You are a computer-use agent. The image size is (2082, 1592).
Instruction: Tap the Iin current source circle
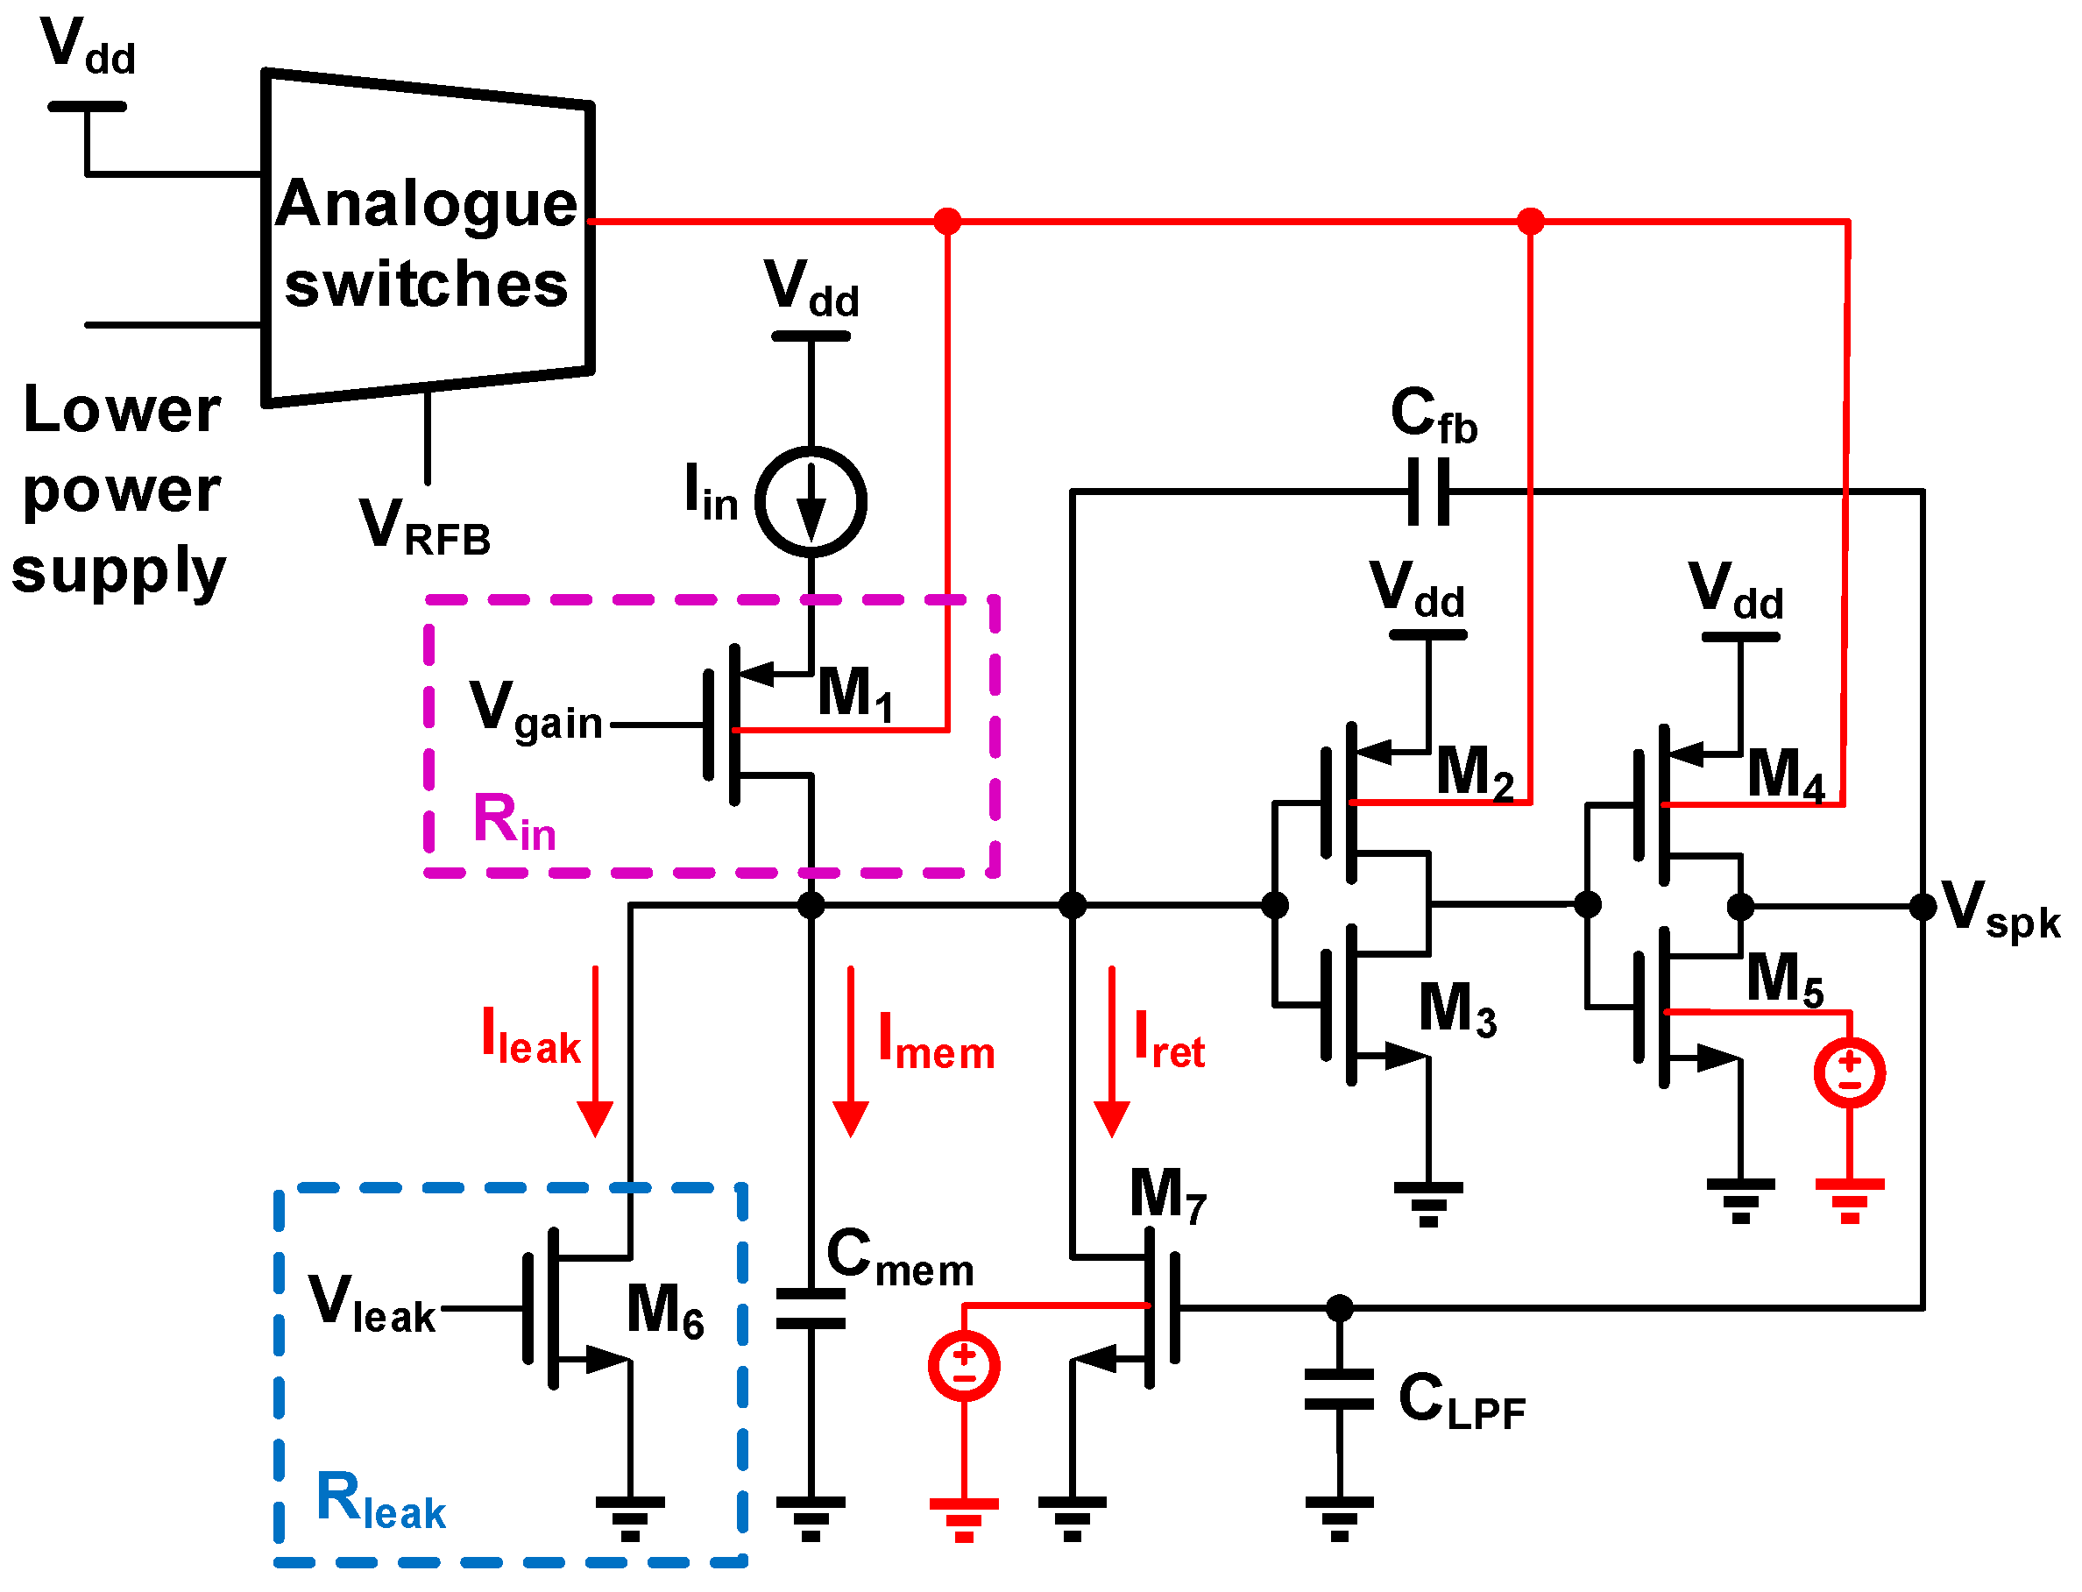click(x=811, y=502)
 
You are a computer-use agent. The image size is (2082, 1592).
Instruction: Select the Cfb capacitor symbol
click(x=1428, y=491)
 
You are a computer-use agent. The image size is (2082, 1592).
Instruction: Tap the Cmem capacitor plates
click(x=811, y=1309)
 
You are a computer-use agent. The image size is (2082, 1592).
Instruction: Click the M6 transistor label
click(x=664, y=1312)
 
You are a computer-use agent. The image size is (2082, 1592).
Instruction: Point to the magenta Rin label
click(x=513, y=822)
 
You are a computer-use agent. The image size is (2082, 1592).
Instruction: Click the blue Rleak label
click(x=380, y=1501)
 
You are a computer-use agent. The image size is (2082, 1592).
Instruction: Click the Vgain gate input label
click(x=535, y=711)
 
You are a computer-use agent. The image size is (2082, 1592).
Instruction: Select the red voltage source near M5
click(x=1849, y=1072)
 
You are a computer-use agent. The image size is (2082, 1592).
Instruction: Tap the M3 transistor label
click(x=1456, y=1010)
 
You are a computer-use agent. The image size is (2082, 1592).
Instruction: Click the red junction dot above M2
click(x=1530, y=222)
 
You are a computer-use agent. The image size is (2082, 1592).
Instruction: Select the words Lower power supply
click(x=120, y=490)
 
